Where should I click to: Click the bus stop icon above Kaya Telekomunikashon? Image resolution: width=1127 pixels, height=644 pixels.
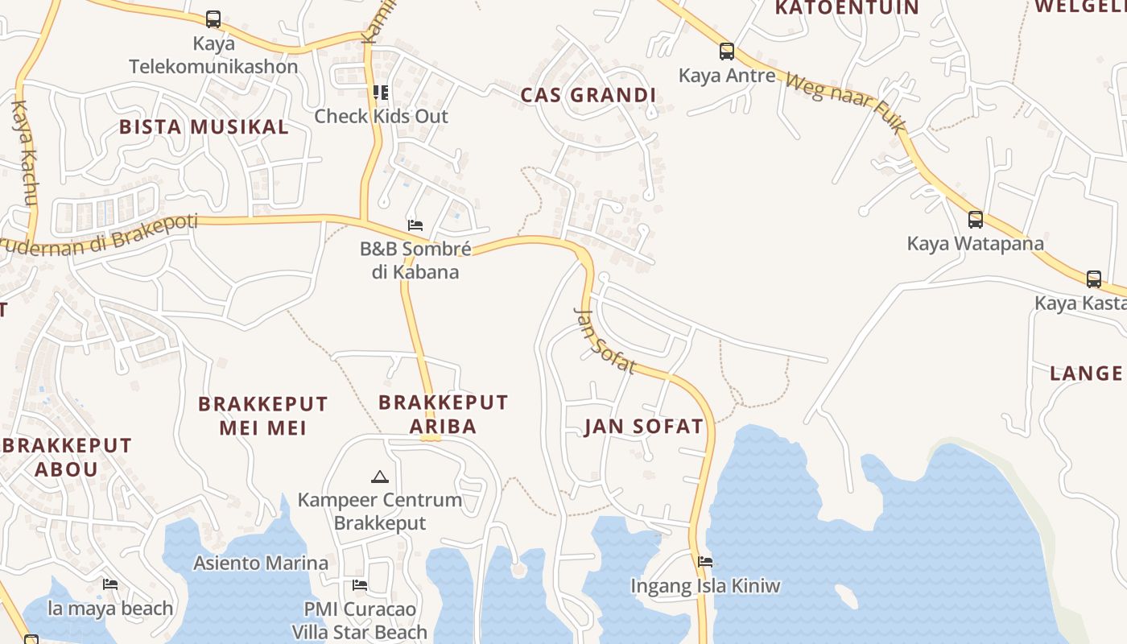click(x=213, y=19)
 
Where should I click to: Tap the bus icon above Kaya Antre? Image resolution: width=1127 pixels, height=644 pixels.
click(x=727, y=52)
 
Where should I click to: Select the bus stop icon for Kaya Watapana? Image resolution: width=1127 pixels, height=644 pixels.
click(x=976, y=219)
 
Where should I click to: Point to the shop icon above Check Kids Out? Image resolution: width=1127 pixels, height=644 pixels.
click(x=381, y=93)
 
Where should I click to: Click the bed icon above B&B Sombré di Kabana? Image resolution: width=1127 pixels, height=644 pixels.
click(x=415, y=225)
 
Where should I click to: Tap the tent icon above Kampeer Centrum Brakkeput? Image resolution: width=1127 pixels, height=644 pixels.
click(x=380, y=477)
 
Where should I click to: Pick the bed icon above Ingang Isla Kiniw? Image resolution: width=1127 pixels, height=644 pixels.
click(x=706, y=561)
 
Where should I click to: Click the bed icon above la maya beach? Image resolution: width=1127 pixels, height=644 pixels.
click(x=110, y=584)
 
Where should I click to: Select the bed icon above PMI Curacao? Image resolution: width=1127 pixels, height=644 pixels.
click(x=360, y=584)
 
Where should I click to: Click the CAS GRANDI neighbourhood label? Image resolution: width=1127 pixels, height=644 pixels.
click(x=588, y=95)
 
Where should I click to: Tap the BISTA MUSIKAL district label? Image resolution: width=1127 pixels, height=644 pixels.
click(x=204, y=126)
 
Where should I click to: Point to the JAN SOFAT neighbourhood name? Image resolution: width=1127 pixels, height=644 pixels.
click(x=644, y=426)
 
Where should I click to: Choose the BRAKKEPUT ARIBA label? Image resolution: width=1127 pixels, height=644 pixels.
click(x=444, y=414)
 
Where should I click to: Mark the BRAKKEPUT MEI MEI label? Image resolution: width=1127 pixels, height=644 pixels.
click(x=263, y=415)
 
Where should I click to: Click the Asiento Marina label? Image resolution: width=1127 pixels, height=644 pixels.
click(x=261, y=563)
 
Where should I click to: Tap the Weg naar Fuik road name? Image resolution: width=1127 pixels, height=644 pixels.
click(x=845, y=105)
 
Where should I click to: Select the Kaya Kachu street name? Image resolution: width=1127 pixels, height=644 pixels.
click(x=26, y=153)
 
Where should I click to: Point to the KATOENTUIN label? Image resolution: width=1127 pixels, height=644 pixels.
click(x=846, y=8)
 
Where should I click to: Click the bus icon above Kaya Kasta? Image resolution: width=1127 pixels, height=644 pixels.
click(x=1094, y=279)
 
